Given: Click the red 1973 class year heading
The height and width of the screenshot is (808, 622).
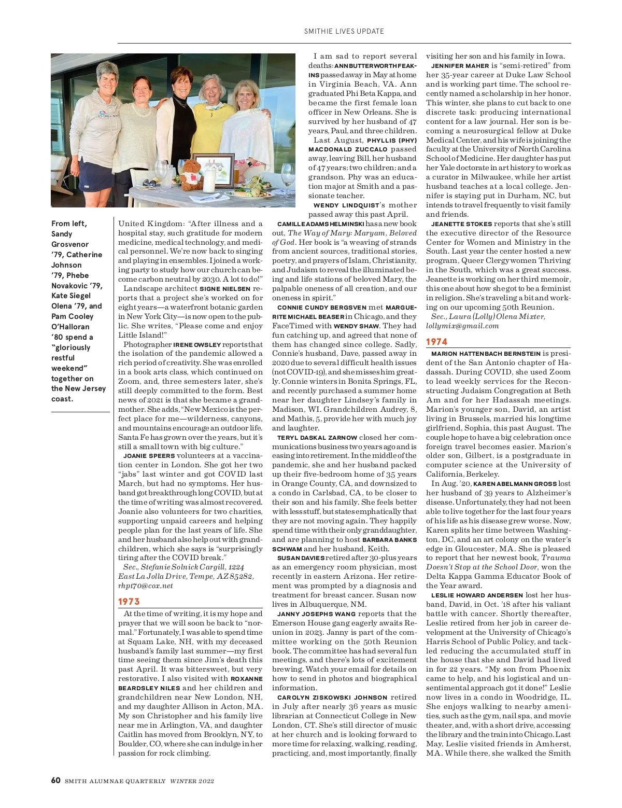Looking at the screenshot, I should pos(129,602).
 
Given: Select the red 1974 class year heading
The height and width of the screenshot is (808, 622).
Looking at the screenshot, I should pos(437,342).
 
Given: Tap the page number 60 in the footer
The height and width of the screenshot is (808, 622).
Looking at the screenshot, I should pos(56,781).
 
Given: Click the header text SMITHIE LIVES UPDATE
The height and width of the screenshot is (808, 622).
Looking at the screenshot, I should pos(344,31).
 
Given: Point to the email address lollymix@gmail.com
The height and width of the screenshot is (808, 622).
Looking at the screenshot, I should pos(462,326).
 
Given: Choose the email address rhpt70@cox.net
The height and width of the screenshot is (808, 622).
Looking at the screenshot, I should pos(146,586).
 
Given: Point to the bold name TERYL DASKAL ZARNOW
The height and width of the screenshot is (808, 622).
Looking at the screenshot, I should pos(317,438).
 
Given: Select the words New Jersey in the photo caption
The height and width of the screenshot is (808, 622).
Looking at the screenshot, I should pos(87,388).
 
